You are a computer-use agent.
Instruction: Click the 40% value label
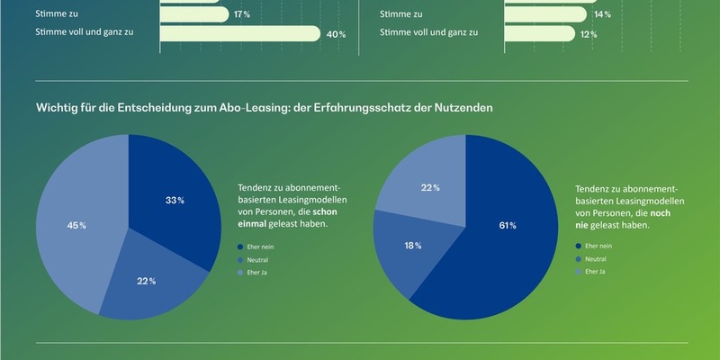[336, 34]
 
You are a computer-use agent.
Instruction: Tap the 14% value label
[602, 14]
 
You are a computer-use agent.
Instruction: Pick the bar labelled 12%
[539, 33]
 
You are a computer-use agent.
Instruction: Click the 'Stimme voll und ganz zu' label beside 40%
[85, 33]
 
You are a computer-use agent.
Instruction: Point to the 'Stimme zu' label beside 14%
[402, 14]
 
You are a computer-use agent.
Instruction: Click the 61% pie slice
[504, 234]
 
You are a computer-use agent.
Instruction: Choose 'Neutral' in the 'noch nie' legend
[596, 257]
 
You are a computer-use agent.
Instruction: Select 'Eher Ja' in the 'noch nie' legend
[595, 271]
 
